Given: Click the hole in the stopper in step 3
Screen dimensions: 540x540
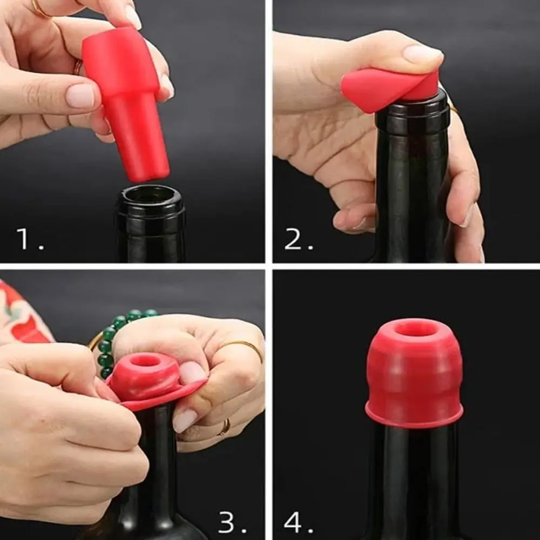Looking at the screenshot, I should (145, 360).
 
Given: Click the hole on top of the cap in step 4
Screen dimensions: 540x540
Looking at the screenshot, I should (415, 328).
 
